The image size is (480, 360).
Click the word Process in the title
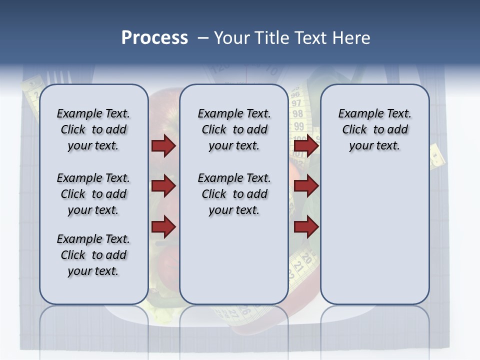coord(154,38)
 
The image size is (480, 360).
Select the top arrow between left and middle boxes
coord(163,146)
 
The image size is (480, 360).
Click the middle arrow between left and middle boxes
coord(163,186)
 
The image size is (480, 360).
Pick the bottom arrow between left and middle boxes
coord(163,226)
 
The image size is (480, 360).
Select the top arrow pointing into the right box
coord(306,146)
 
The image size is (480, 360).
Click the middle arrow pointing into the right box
coord(306,186)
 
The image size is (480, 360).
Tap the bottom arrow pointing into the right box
coord(306,226)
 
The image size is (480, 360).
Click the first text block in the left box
coord(93,129)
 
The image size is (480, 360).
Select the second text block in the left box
coord(93,194)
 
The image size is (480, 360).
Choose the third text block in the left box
coord(93,255)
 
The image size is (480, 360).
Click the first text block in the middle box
coord(234,129)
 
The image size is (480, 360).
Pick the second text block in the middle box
coord(234,194)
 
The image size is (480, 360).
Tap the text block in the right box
coord(375,129)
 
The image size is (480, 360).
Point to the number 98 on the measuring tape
coord(298,114)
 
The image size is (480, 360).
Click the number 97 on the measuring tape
coord(297,103)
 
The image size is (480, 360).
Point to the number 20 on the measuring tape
coord(306,258)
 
